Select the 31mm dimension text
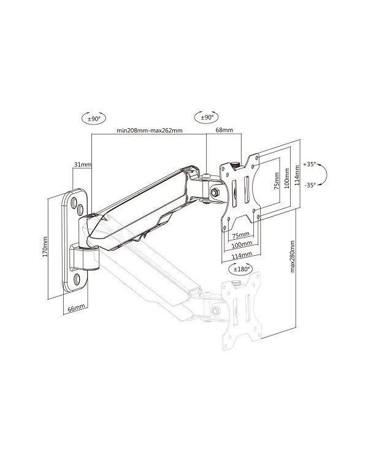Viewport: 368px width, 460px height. tap(82, 165)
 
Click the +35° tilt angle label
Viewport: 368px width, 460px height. tap(311, 164)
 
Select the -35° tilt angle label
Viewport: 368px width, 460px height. tap(311, 186)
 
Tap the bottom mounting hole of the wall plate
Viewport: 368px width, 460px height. tap(77, 278)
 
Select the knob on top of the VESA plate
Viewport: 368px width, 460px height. tap(235, 164)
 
